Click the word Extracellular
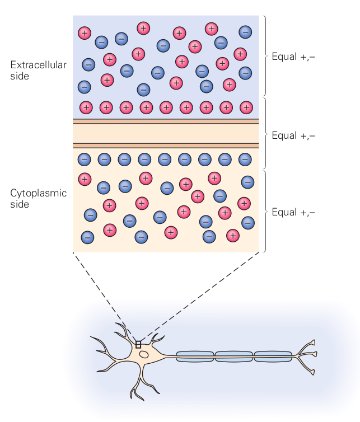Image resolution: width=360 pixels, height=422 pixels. point(38,65)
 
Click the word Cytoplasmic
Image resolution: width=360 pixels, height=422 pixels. point(38,194)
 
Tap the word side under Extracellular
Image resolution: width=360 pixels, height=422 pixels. point(20,76)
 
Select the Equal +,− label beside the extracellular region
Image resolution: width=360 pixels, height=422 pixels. point(293,57)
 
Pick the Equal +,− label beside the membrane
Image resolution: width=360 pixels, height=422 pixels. point(293,135)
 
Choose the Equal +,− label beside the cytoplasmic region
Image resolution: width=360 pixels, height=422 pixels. point(293,212)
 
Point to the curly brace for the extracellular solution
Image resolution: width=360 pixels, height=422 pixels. point(265,56)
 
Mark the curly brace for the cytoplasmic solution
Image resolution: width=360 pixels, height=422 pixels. point(265,212)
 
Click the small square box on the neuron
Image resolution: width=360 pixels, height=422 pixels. point(138,345)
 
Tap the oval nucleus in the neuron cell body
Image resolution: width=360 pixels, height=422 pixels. point(144,355)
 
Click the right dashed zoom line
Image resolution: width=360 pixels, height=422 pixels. point(202,297)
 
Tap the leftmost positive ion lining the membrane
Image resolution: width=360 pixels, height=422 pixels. point(86,107)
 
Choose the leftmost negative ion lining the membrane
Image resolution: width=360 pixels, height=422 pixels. point(84,160)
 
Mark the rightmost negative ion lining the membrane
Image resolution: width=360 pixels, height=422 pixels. point(245,160)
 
